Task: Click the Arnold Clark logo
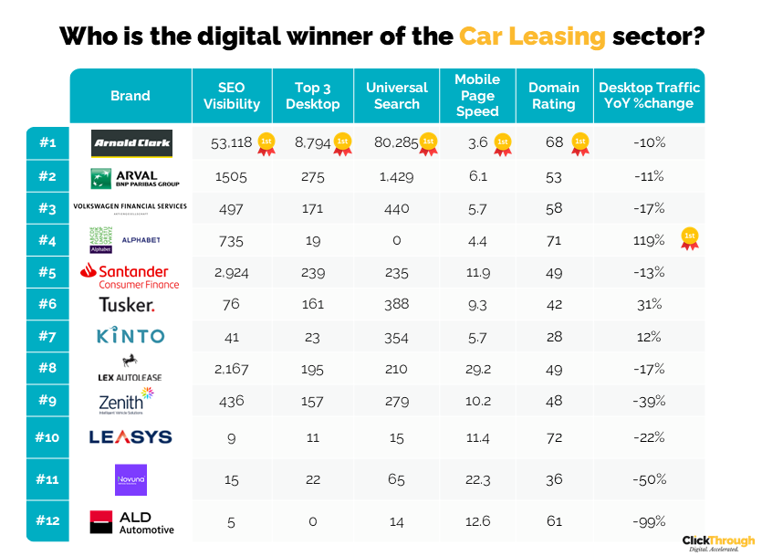point(131,143)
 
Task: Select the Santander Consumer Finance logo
point(130,276)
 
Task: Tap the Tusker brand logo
point(126,305)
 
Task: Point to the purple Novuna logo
point(130,480)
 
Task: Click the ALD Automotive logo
point(131,522)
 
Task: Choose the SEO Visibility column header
point(232,96)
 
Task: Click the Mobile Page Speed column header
point(477,96)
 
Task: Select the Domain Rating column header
point(554,96)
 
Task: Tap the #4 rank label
point(47,241)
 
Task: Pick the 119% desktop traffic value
point(649,241)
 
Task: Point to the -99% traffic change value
point(649,521)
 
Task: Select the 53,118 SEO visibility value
point(231,142)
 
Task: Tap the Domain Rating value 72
point(553,437)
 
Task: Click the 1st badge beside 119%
point(690,239)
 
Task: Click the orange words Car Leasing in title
point(532,37)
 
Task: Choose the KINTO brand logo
point(130,336)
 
